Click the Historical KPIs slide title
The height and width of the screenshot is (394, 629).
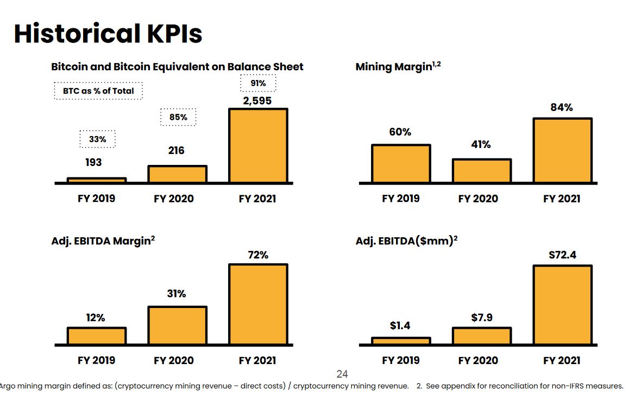pos(108,34)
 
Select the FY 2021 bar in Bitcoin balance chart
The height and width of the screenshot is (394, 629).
pos(258,145)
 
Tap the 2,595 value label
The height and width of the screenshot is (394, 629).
pos(257,101)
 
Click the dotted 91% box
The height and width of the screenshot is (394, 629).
pos(258,83)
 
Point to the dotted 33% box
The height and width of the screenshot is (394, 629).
pos(98,139)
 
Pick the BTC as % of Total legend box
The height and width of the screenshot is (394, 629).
pos(98,91)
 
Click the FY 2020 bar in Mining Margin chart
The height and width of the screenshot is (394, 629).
pos(482,171)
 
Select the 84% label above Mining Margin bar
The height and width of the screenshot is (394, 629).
pos(562,107)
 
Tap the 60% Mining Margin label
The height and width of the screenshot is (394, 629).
pos(400,132)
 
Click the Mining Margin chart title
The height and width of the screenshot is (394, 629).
pos(398,66)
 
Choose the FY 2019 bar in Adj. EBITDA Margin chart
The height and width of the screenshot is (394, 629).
pos(97,336)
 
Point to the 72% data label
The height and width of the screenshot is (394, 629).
pos(258,255)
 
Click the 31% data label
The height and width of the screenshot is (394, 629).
pos(177,293)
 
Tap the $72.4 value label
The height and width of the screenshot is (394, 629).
pos(562,254)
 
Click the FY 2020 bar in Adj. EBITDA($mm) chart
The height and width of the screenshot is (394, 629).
pos(482,336)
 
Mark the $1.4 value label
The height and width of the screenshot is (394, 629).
pos(400,325)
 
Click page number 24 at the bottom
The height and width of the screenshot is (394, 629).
pos(342,374)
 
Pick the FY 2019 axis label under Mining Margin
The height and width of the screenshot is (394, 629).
pos(401,199)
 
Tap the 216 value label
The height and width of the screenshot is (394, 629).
pos(177,150)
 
